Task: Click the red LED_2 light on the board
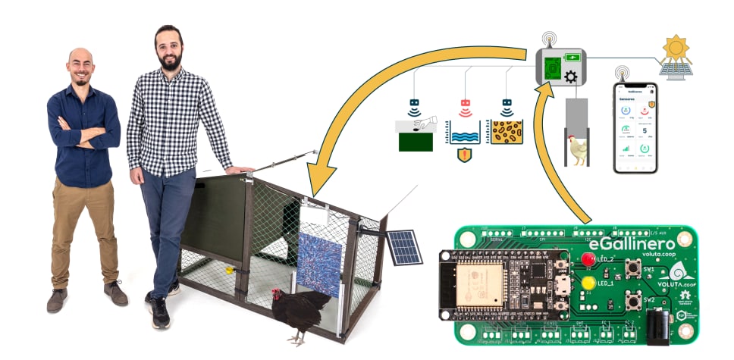pyautogui.click(x=588, y=259)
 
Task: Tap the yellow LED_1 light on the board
pyautogui.click(x=587, y=283)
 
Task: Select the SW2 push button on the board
pyautogui.click(x=632, y=302)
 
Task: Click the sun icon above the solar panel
pyautogui.click(x=674, y=49)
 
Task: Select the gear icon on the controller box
pyautogui.click(x=571, y=76)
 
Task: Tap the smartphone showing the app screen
pyautogui.click(x=635, y=127)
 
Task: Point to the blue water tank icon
pyautogui.click(x=465, y=132)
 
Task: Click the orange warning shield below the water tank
pyautogui.click(x=465, y=155)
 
